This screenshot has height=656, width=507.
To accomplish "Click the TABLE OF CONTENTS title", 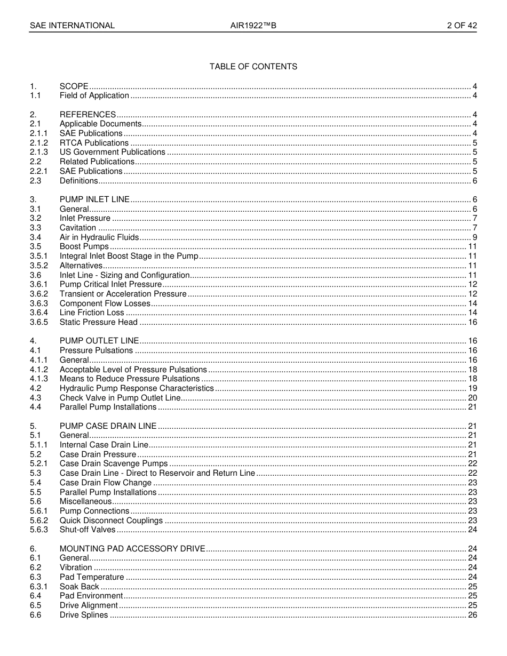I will (253, 67).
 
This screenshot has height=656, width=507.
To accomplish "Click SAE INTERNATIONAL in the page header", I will (72, 26).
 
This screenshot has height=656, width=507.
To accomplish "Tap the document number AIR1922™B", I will (253, 26).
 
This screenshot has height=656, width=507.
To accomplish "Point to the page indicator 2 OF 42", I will (462, 26).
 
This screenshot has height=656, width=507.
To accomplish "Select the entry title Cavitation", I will (78, 228).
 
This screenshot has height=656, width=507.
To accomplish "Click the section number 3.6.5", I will (39, 322).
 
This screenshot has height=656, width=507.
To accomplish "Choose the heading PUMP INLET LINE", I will (94, 199).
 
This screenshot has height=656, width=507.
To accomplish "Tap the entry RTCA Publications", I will (94, 143).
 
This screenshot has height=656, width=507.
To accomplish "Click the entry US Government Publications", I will (113, 152).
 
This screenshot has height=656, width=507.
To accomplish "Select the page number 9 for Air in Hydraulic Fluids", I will (474, 237).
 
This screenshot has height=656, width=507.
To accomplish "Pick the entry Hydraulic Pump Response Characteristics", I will (137, 388).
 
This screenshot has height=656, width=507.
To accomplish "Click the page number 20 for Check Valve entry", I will (472, 398).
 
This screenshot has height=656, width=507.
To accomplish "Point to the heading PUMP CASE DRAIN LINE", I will (108, 426).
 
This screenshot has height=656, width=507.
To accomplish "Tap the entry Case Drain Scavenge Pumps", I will (114, 464).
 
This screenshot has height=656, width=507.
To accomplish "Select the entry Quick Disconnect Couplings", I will (112, 521).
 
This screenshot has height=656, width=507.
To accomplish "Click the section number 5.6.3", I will (39, 530).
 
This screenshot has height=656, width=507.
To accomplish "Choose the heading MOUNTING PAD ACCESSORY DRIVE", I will (132, 549).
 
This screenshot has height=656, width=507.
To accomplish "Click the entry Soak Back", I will (80, 587).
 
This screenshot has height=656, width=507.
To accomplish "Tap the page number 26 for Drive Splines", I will (472, 615).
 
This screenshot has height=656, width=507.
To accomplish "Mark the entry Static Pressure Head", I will (99, 322).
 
